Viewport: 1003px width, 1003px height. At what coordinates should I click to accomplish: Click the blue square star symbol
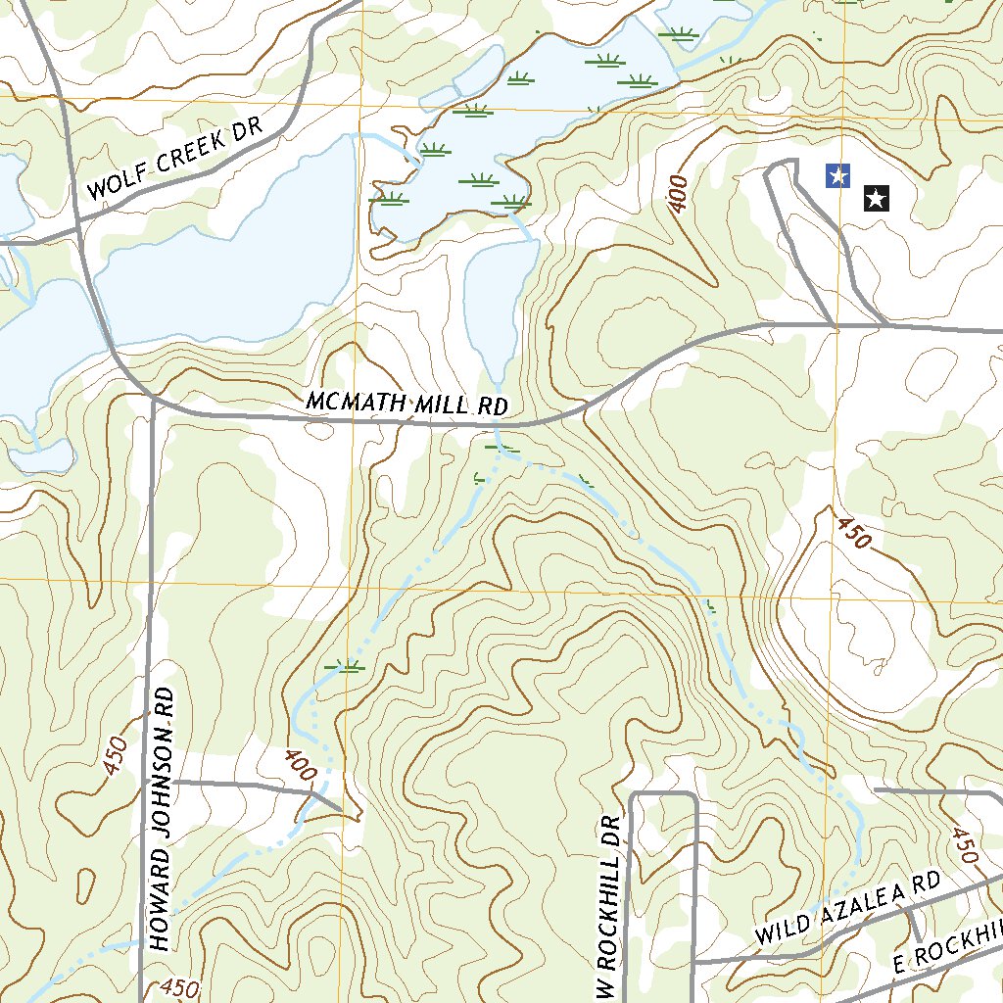(837, 175)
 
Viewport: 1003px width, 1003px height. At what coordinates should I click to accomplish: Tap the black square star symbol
(876, 200)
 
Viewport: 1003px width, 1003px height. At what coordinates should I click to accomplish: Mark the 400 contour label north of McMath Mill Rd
(677, 194)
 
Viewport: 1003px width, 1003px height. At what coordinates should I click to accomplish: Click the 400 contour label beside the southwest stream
(301, 765)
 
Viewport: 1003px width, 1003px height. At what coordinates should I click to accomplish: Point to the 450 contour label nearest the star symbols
(852, 533)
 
